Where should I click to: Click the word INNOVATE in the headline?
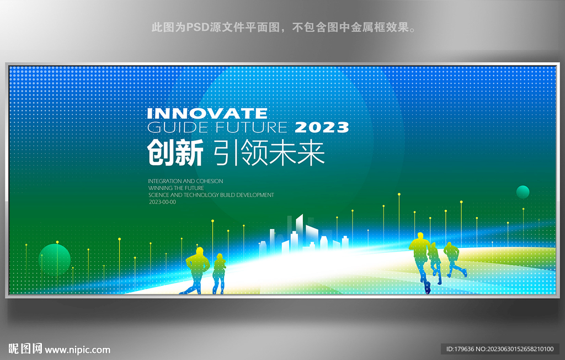[207, 113]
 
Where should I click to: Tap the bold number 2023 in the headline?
[322, 128]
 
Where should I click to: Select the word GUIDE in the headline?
[178, 128]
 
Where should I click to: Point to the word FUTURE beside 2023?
[251, 128]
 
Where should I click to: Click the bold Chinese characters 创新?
[175, 153]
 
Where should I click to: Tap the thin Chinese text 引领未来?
[269, 153]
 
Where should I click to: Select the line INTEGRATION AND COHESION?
[185, 181]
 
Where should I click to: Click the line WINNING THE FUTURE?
[176, 188]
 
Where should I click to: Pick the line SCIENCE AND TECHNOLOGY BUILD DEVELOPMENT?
[211, 195]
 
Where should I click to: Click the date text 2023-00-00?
[163, 202]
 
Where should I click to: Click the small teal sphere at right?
[523, 192]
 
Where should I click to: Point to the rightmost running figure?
[454, 260]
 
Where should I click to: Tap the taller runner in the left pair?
[198, 270]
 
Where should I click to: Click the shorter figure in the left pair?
[218, 273]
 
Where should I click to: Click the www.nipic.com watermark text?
[77, 350]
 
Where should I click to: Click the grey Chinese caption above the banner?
[284, 28]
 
